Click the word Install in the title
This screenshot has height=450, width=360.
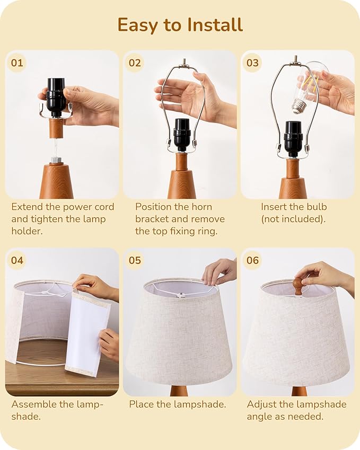point(215,25)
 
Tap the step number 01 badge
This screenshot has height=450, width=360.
point(17,63)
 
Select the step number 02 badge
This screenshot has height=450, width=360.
point(135,63)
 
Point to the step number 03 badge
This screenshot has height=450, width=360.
point(252,63)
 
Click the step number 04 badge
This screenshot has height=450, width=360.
point(17,260)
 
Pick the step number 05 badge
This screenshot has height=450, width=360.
point(135,260)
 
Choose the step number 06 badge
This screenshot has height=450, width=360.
point(252,260)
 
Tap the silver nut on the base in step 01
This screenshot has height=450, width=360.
point(56,160)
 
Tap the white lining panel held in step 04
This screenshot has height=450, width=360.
point(86,332)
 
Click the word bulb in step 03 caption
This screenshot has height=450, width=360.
point(315,207)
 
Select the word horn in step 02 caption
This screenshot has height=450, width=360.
point(198,207)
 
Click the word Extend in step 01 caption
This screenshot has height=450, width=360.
point(25,207)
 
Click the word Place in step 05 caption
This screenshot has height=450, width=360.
point(142,404)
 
